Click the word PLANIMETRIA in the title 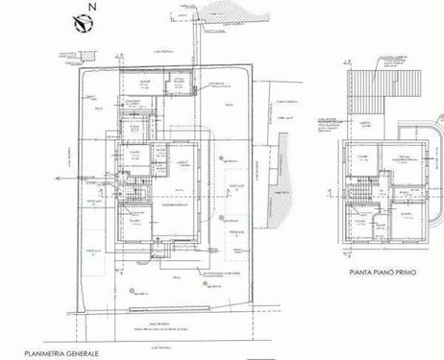tap(31, 354)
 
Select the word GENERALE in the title tap(81, 354)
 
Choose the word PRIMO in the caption tap(410, 273)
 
